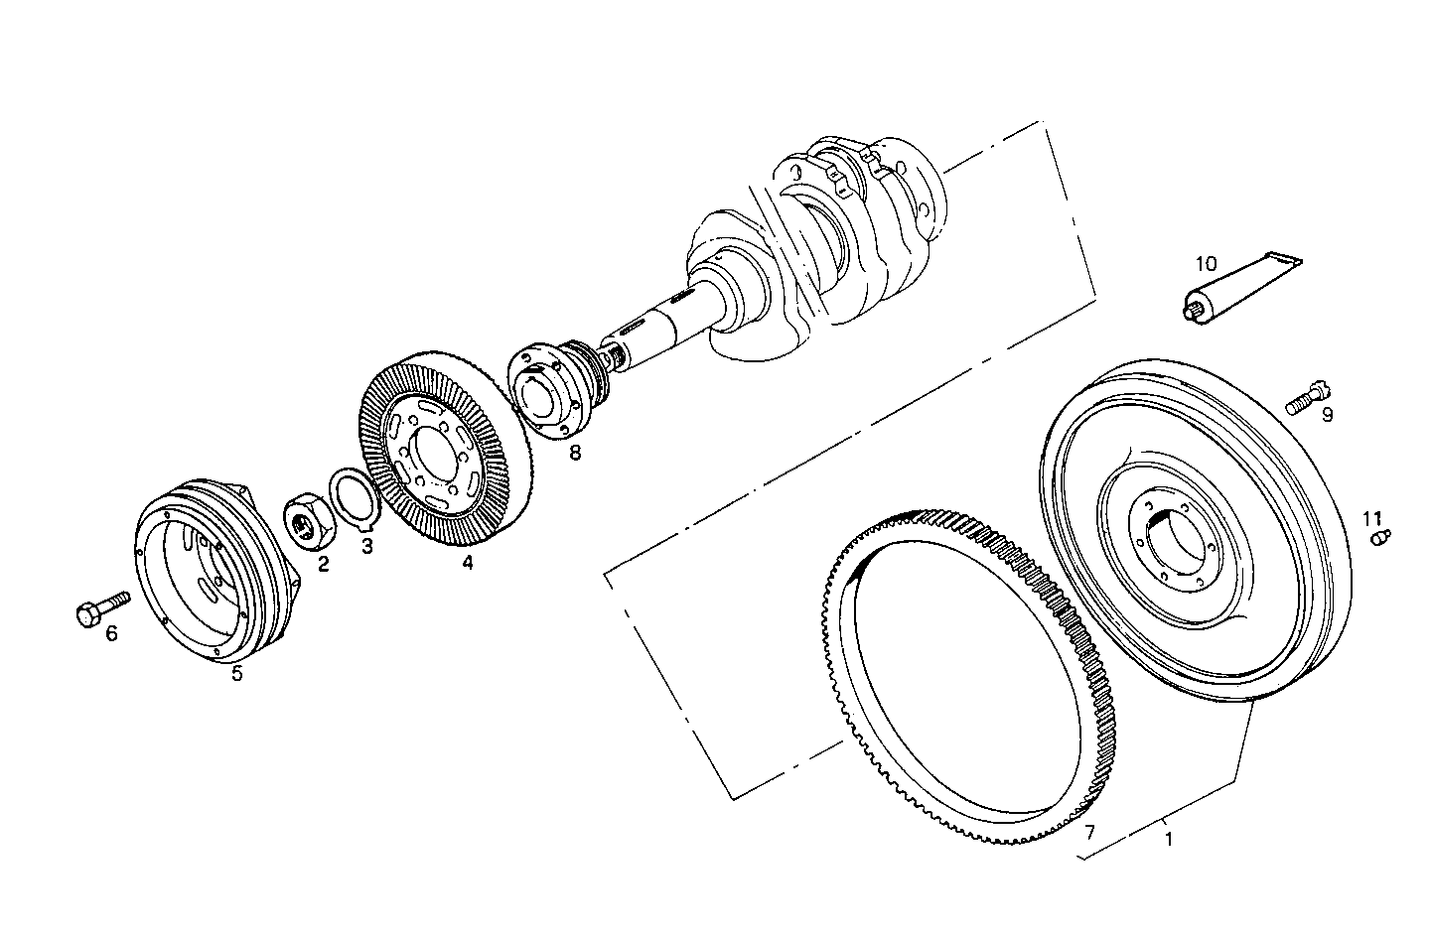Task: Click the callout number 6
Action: [111, 632]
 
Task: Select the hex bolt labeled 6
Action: [100, 607]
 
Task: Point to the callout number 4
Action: [467, 563]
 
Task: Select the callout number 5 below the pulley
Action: [236, 674]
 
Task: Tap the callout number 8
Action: [575, 453]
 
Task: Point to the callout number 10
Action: [1206, 264]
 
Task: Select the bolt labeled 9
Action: [1308, 398]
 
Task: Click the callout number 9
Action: [1327, 415]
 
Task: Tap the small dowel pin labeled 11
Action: [1379, 537]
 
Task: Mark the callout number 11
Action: [1371, 518]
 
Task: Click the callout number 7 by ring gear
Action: [1089, 831]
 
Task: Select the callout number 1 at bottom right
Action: [1169, 839]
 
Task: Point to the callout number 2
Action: [323, 564]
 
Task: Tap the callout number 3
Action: [366, 545]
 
